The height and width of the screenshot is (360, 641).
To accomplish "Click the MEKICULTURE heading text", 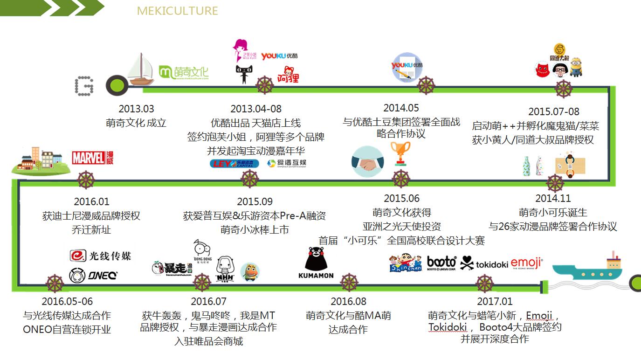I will pos(177,10).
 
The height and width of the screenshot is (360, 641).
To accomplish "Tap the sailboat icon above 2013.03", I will pos(141,70).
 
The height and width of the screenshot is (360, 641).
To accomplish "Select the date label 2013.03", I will pos(136,109).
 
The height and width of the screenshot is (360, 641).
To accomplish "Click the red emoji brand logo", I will pos(527,263).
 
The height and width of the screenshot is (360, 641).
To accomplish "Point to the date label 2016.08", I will pos(348,302).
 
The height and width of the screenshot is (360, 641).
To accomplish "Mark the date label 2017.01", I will pos(495,302).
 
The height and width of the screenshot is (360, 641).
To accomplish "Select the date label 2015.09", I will pos(255,202).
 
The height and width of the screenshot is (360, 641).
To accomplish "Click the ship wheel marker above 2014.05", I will pos(425,85).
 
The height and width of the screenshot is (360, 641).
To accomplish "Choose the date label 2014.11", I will pos(553,199).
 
